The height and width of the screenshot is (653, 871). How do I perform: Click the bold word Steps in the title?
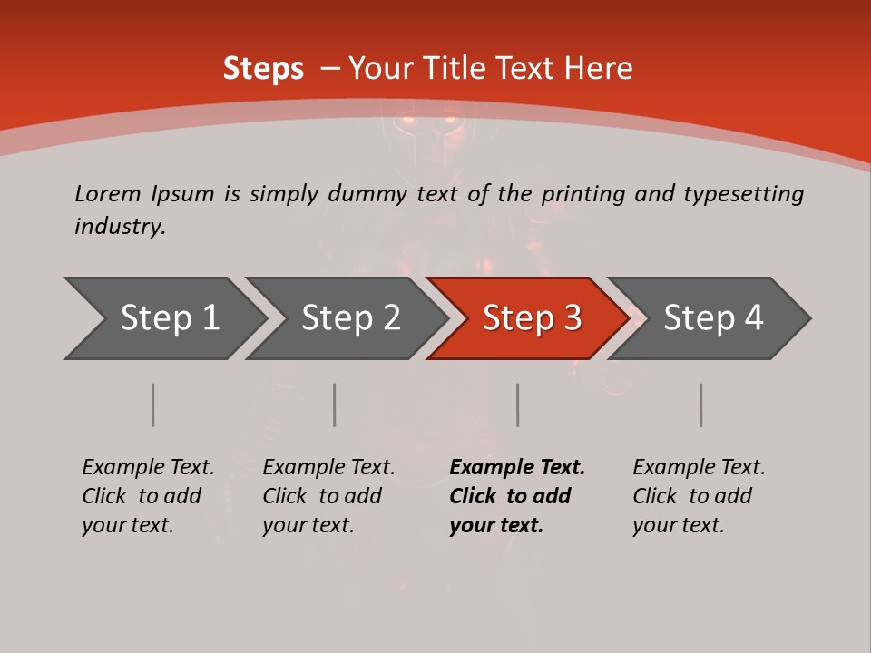point(263,68)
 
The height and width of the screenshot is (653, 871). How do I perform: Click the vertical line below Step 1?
point(153,404)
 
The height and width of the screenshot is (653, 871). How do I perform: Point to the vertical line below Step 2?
point(335,404)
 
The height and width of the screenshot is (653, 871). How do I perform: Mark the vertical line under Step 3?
point(518,404)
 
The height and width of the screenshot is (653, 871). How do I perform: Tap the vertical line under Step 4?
point(701,404)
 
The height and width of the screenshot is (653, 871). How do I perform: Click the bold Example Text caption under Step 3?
point(517,496)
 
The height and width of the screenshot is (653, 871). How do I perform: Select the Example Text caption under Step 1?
point(148,496)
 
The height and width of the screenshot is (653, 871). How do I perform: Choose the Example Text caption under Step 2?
point(328,496)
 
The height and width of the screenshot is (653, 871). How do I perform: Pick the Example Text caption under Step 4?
point(699,496)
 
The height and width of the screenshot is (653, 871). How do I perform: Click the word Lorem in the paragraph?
point(108,193)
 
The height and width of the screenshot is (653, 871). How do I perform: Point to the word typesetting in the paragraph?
point(743,193)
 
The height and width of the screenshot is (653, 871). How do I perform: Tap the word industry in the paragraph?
point(120,227)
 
